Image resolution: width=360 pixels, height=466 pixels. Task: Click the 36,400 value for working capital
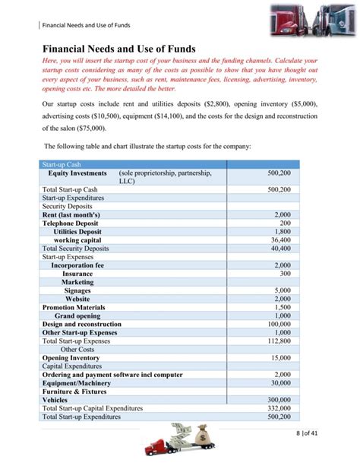click(280, 239)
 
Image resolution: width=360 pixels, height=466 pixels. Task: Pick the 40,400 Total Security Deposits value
click(280, 248)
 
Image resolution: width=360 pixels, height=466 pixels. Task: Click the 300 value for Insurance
click(285, 273)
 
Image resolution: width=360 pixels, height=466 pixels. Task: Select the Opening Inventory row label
click(71, 357)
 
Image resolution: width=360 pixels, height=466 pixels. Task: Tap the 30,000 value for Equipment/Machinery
click(280, 382)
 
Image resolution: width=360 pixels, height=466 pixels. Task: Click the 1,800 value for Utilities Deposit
click(282, 231)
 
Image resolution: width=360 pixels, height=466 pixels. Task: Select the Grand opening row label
click(77, 315)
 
